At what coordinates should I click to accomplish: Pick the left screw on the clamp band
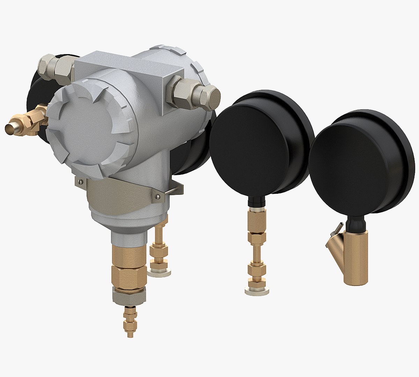click(81, 181)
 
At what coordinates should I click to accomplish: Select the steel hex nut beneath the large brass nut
click(129, 296)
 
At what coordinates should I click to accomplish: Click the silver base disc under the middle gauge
click(257, 291)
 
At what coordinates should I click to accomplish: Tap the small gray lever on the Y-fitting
click(336, 229)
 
